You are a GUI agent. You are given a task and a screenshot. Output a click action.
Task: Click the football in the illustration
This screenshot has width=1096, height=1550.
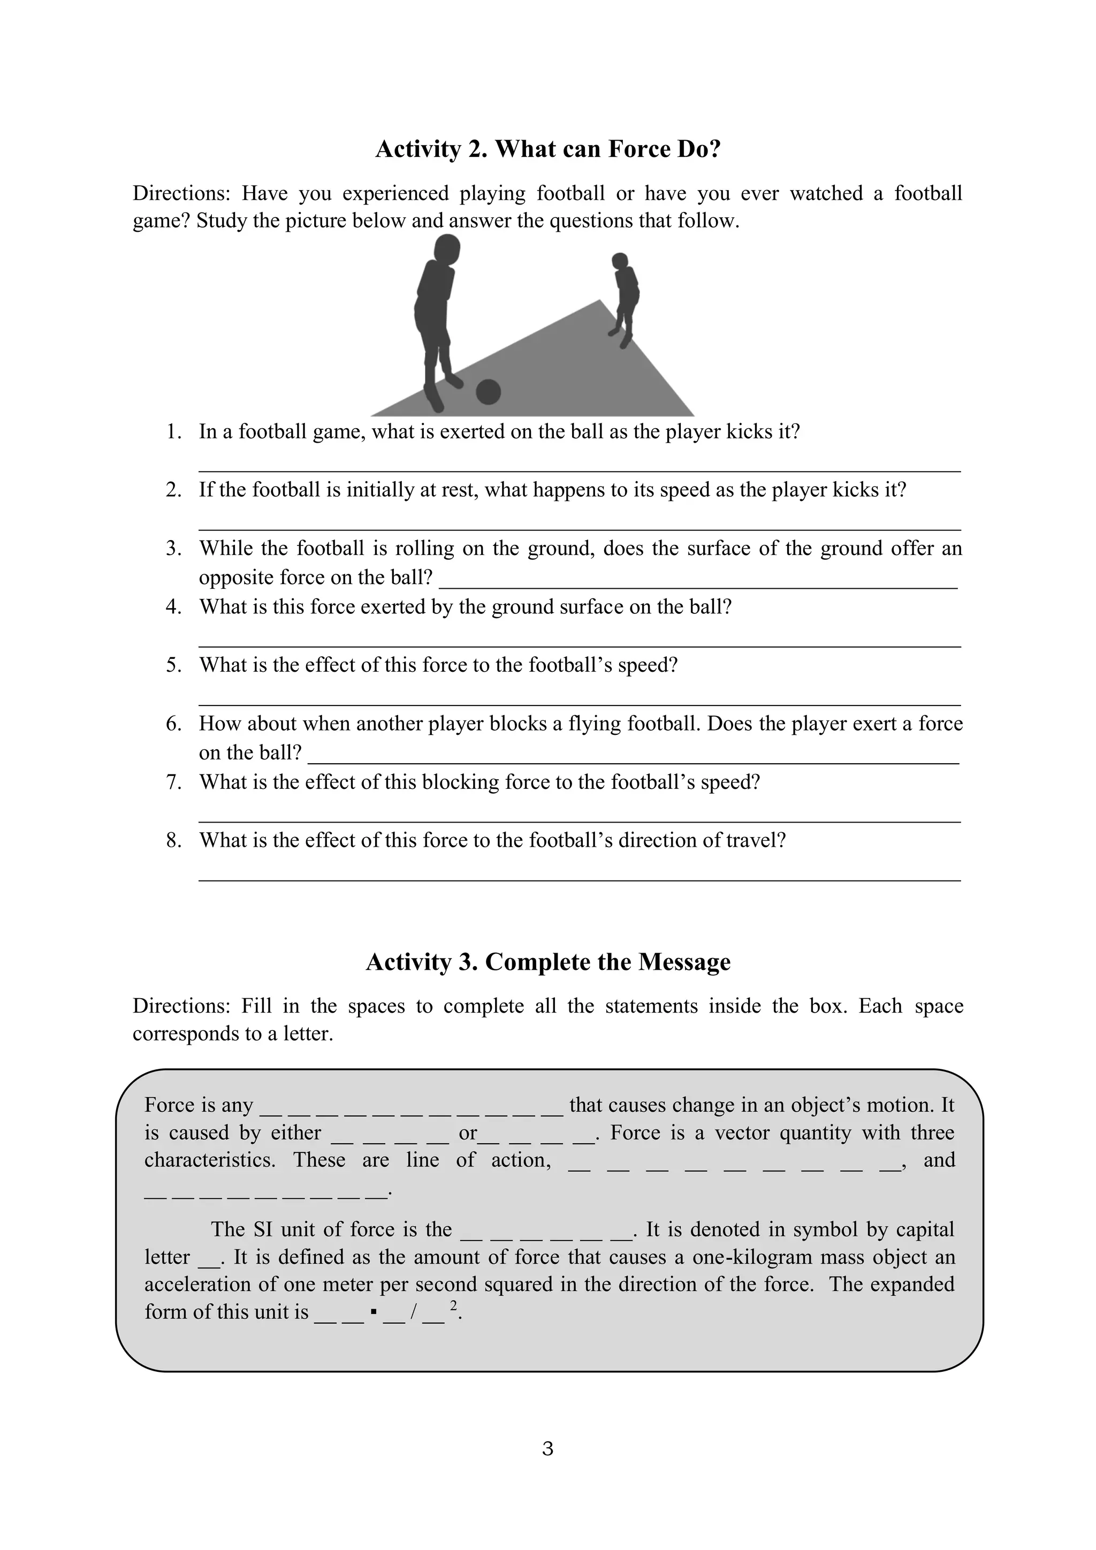click(x=488, y=392)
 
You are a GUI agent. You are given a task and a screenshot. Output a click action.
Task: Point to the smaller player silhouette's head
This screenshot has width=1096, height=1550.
click(x=620, y=261)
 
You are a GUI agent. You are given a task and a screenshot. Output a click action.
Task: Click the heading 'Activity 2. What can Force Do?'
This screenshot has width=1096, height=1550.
click(x=548, y=149)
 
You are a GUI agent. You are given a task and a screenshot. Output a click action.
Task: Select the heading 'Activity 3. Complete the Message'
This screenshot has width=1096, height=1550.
click(x=548, y=962)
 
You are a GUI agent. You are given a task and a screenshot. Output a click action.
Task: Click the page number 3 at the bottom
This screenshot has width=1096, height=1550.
click(x=547, y=1448)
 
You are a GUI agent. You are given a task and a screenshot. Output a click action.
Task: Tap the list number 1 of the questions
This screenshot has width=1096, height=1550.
click(x=174, y=431)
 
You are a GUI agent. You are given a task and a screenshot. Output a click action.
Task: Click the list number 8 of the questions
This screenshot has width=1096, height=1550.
click(x=174, y=840)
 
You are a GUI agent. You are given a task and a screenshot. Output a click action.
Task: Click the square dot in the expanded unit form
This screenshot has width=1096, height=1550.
click(x=373, y=1312)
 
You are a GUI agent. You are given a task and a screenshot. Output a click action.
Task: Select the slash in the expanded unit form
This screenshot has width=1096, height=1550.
click(x=413, y=1312)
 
